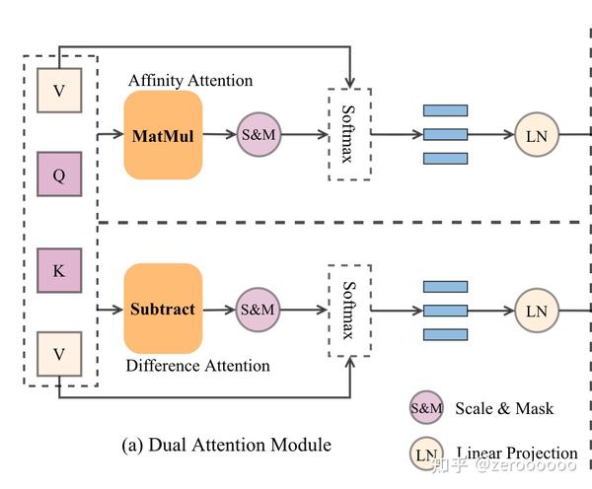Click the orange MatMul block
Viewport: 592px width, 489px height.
click(163, 135)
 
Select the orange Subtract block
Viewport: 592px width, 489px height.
click(163, 309)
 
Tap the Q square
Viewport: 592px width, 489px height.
click(59, 174)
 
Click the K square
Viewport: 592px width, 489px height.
click(59, 270)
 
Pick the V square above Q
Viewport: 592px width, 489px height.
click(59, 90)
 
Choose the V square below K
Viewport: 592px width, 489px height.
click(59, 354)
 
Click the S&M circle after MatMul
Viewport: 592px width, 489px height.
click(259, 134)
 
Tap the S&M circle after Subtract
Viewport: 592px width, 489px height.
click(258, 310)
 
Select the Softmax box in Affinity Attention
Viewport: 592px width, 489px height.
click(349, 134)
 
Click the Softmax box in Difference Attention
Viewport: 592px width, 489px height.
click(349, 311)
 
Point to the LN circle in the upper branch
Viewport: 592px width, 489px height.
click(537, 134)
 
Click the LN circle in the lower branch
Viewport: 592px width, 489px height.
click(537, 311)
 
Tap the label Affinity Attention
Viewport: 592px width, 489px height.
click(190, 81)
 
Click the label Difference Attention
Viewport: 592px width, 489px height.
click(198, 366)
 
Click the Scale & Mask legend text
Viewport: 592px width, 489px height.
click(504, 408)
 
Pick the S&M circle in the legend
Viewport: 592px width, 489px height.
click(426, 407)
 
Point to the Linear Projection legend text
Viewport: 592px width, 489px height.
click(517, 453)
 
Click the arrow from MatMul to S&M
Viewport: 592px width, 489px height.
click(220, 134)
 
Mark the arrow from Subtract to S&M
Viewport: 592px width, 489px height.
click(219, 310)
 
